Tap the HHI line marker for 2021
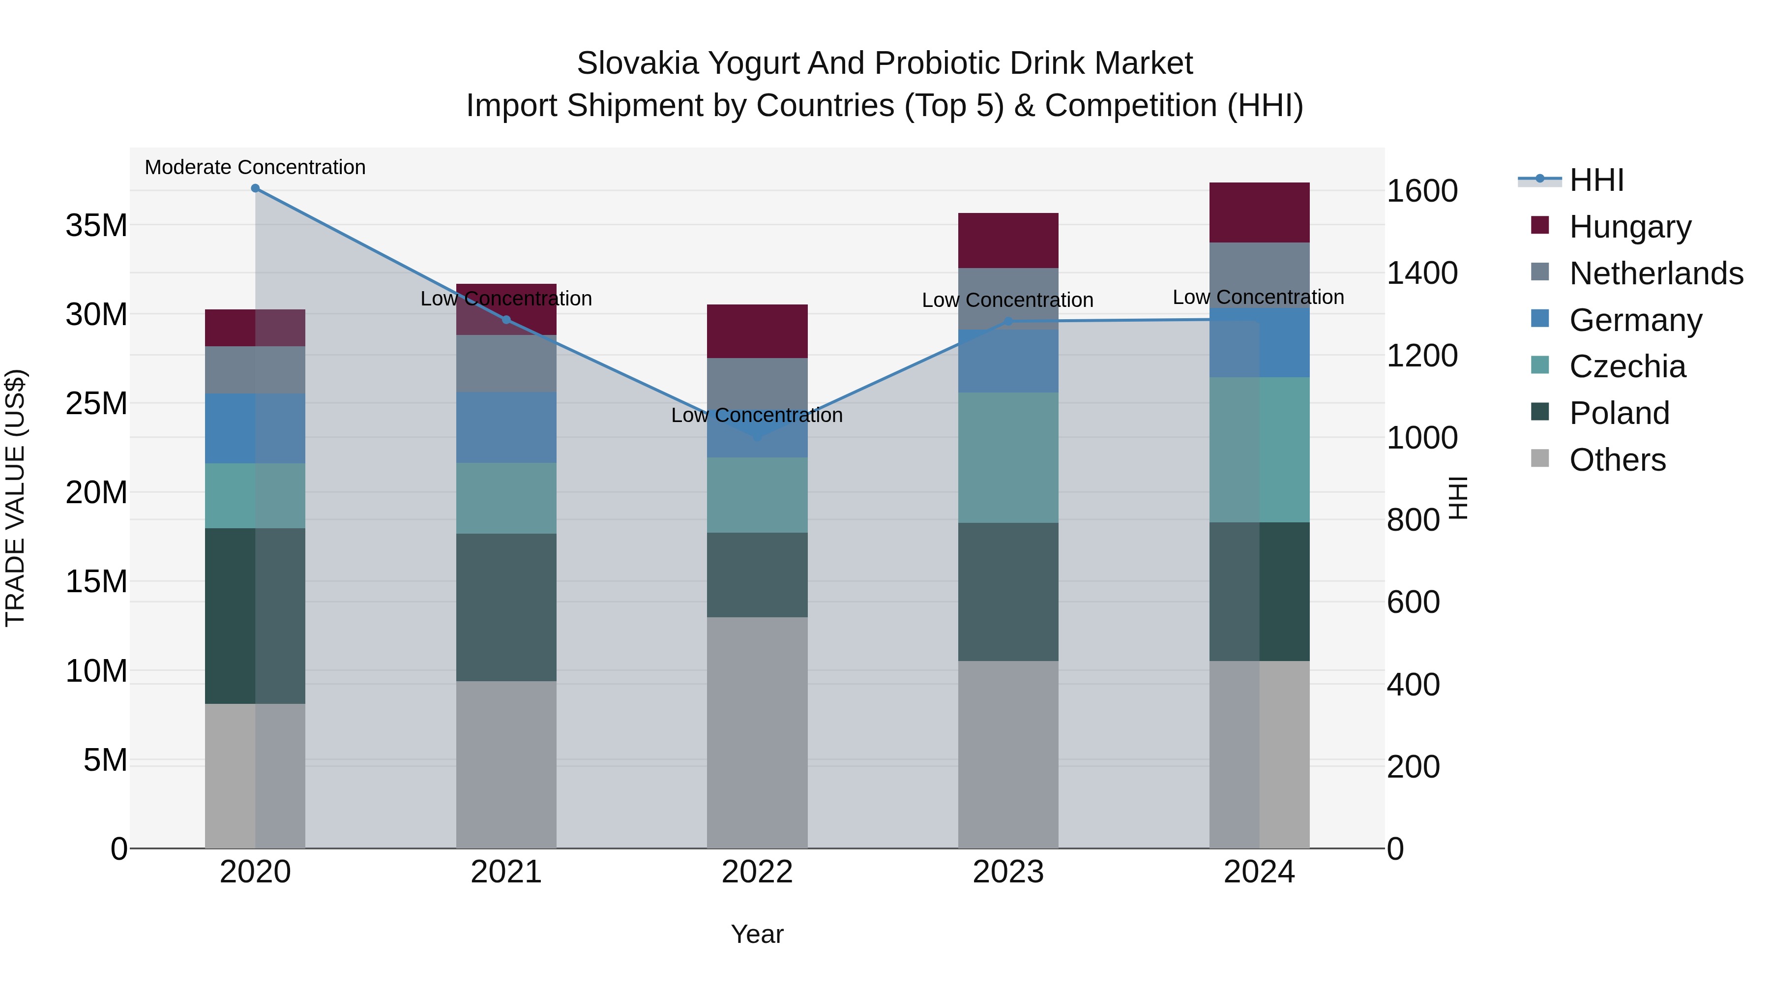[506, 320]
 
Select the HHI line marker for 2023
[1008, 321]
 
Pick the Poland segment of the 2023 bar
[1008, 592]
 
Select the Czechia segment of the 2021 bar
[506, 498]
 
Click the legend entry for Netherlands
[1656, 273]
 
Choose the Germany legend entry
[1635, 320]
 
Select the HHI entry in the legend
[1596, 180]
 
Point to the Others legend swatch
[1540, 458]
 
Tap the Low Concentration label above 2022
[757, 415]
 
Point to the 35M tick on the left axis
[96, 225]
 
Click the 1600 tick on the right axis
[1421, 191]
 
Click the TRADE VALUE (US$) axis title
[15, 498]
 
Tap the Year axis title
[757, 934]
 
